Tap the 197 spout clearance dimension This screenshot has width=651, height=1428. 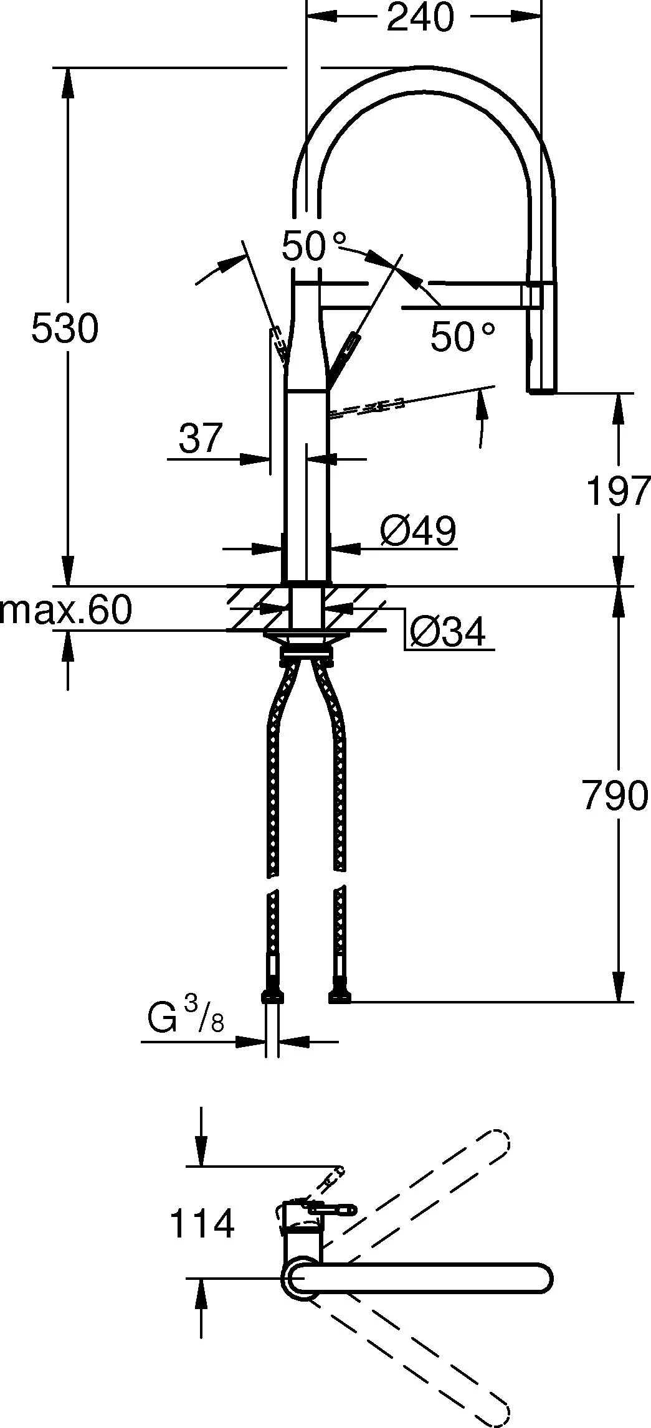(x=619, y=491)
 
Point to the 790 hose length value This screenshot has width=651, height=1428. (x=615, y=796)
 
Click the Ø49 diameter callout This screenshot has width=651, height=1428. (x=418, y=531)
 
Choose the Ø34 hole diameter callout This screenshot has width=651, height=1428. (x=447, y=633)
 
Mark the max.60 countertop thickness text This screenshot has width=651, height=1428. (x=66, y=610)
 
